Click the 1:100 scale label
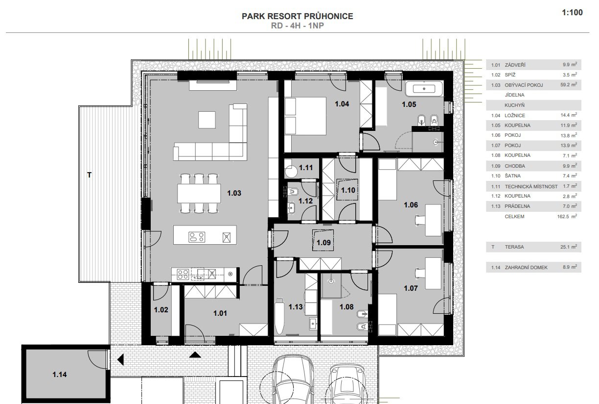click(x=572, y=13)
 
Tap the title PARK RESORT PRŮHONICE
click(x=298, y=16)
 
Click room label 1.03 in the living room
click(x=234, y=193)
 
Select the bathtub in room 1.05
click(x=424, y=88)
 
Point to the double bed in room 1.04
click(x=305, y=116)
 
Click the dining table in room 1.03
click(x=199, y=193)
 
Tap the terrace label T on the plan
click(x=90, y=175)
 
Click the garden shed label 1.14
click(x=59, y=375)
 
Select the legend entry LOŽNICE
click(x=515, y=116)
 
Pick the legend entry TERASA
click(x=514, y=247)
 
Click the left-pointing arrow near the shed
click(x=120, y=359)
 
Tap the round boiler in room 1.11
click(x=291, y=172)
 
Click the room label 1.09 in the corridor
click(x=323, y=243)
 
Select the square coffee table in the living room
click(x=207, y=120)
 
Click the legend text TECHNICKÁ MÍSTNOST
click(x=531, y=186)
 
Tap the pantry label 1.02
click(x=161, y=310)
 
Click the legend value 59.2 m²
click(x=569, y=85)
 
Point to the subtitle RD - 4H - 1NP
click(x=298, y=25)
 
